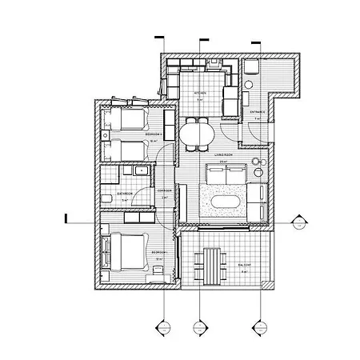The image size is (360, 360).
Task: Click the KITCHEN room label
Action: pyautogui.click(x=201, y=93)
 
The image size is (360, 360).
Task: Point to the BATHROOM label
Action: pyautogui.click(x=124, y=194)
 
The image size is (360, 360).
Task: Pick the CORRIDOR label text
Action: pyautogui.click(x=164, y=190)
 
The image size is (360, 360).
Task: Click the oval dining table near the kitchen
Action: pyautogui.click(x=197, y=133)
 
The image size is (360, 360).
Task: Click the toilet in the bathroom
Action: pyautogui.click(x=108, y=197)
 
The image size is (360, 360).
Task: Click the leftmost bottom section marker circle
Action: pyautogui.click(x=162, y=327)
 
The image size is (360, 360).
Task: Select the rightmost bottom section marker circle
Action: pyautogui.click(x=257, y=327)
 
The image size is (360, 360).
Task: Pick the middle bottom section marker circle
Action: pyautogui.click(x=198, y=327)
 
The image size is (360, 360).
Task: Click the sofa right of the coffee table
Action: pyautogui.click(x=259, y=200)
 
